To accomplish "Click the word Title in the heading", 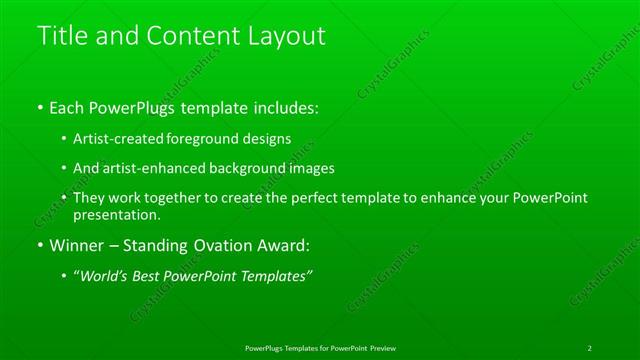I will [59, 36].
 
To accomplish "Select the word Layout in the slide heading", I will [288, 36].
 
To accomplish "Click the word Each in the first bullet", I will [67, 105].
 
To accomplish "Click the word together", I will [169, 198].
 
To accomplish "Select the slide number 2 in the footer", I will [590, 348].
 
